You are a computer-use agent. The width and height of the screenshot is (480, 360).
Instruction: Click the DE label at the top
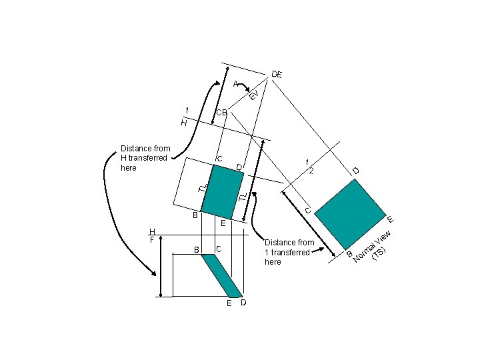tap(277, 73)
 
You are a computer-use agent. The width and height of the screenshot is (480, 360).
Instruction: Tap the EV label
tap(253, 95)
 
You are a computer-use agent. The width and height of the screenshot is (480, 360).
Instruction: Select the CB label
tap(221, 113)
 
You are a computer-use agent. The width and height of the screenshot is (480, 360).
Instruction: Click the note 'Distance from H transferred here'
tap(145, 158)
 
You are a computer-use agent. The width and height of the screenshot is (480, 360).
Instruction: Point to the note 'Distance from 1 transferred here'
tap(289, 252)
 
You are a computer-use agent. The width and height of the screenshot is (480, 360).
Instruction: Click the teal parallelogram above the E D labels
tap(222, 275)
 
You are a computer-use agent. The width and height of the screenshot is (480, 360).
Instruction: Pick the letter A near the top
tap(236, 84)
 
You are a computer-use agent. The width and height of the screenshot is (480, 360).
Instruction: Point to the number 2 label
tap(311, 170)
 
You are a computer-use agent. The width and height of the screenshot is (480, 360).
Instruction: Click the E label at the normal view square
tap(391, 219)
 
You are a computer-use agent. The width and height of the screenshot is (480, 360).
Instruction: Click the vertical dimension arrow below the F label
tap(162, 266)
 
